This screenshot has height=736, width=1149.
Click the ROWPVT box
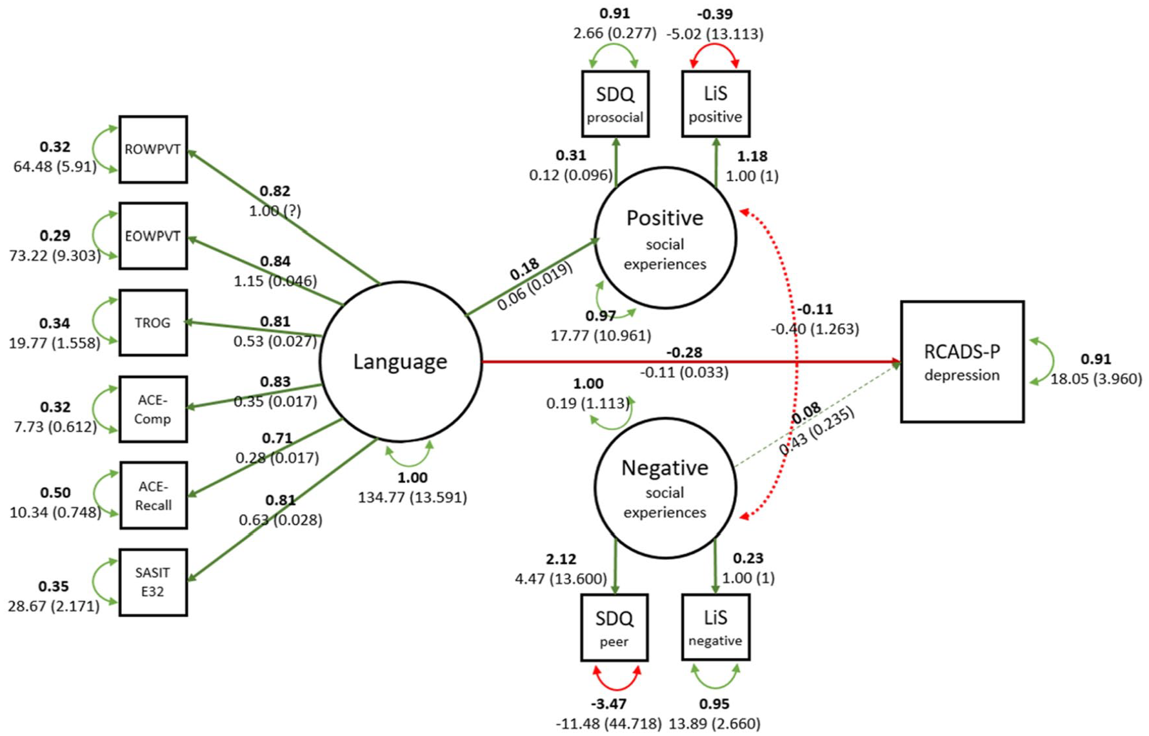[153, 150]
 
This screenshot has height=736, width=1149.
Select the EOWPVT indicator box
[153, 236]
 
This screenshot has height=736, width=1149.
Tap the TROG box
[153, 323]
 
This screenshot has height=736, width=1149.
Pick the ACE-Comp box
[153, 409]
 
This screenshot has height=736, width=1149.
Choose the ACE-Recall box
[153, 495]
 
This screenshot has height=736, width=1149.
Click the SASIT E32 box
[153, 582]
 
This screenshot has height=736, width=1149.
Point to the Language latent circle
[401, 361]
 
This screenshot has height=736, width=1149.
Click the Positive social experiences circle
[665, 238]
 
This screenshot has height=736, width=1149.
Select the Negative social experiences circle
[665, 488]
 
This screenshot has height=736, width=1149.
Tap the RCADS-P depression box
[962, 362]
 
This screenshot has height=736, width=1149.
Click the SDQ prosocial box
[615, 104]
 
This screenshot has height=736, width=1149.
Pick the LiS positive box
[715, 104]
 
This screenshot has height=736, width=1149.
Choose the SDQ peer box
[614, 628]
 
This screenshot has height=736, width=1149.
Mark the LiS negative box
[715, 628]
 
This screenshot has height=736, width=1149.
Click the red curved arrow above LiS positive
[715, 45]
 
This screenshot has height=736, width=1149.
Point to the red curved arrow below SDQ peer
[617, 688]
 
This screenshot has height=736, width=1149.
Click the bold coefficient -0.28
[684, 352]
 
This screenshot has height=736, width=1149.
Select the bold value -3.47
[608, 704]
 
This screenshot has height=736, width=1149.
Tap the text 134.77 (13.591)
[412, 497]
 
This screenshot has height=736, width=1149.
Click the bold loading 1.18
[752, 156]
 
